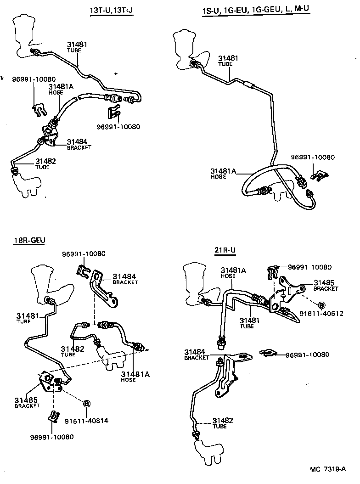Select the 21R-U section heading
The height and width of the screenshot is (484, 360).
[225, 250]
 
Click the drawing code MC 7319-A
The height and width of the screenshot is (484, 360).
[327, 469]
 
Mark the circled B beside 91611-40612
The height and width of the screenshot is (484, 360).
[321, 304]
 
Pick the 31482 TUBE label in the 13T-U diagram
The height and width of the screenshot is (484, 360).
[45, 163]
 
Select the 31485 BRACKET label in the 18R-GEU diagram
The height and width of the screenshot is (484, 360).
[27, 402]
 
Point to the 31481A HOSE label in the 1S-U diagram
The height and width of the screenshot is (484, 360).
[223, 174]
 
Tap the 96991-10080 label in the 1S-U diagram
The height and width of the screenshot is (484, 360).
[313, 157]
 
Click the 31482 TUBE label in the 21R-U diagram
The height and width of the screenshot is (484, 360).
[223, 422]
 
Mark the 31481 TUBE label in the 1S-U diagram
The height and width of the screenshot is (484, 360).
[228, 61]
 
